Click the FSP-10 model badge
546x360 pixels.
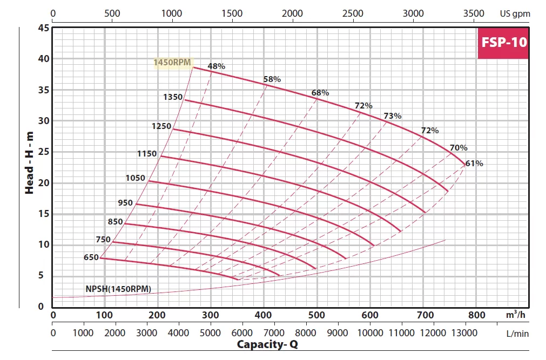pos(503,42)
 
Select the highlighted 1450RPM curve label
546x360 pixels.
pos(173,63)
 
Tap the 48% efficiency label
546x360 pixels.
pos(216,66)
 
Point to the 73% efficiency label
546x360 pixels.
pos(392,116)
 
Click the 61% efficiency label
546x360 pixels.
pos(474,163)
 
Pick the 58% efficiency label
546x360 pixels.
pos(272,79)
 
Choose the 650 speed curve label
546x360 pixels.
pos(91,257)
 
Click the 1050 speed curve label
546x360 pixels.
pos(135,178)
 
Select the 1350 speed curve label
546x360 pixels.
pos(173,97)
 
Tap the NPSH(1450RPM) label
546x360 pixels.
pos(118,288)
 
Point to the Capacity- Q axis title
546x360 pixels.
pos(275,344)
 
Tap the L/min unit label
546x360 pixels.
pos(517,333)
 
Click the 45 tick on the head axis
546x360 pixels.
pos(43,28)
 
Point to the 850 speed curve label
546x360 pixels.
pos(116,221)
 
